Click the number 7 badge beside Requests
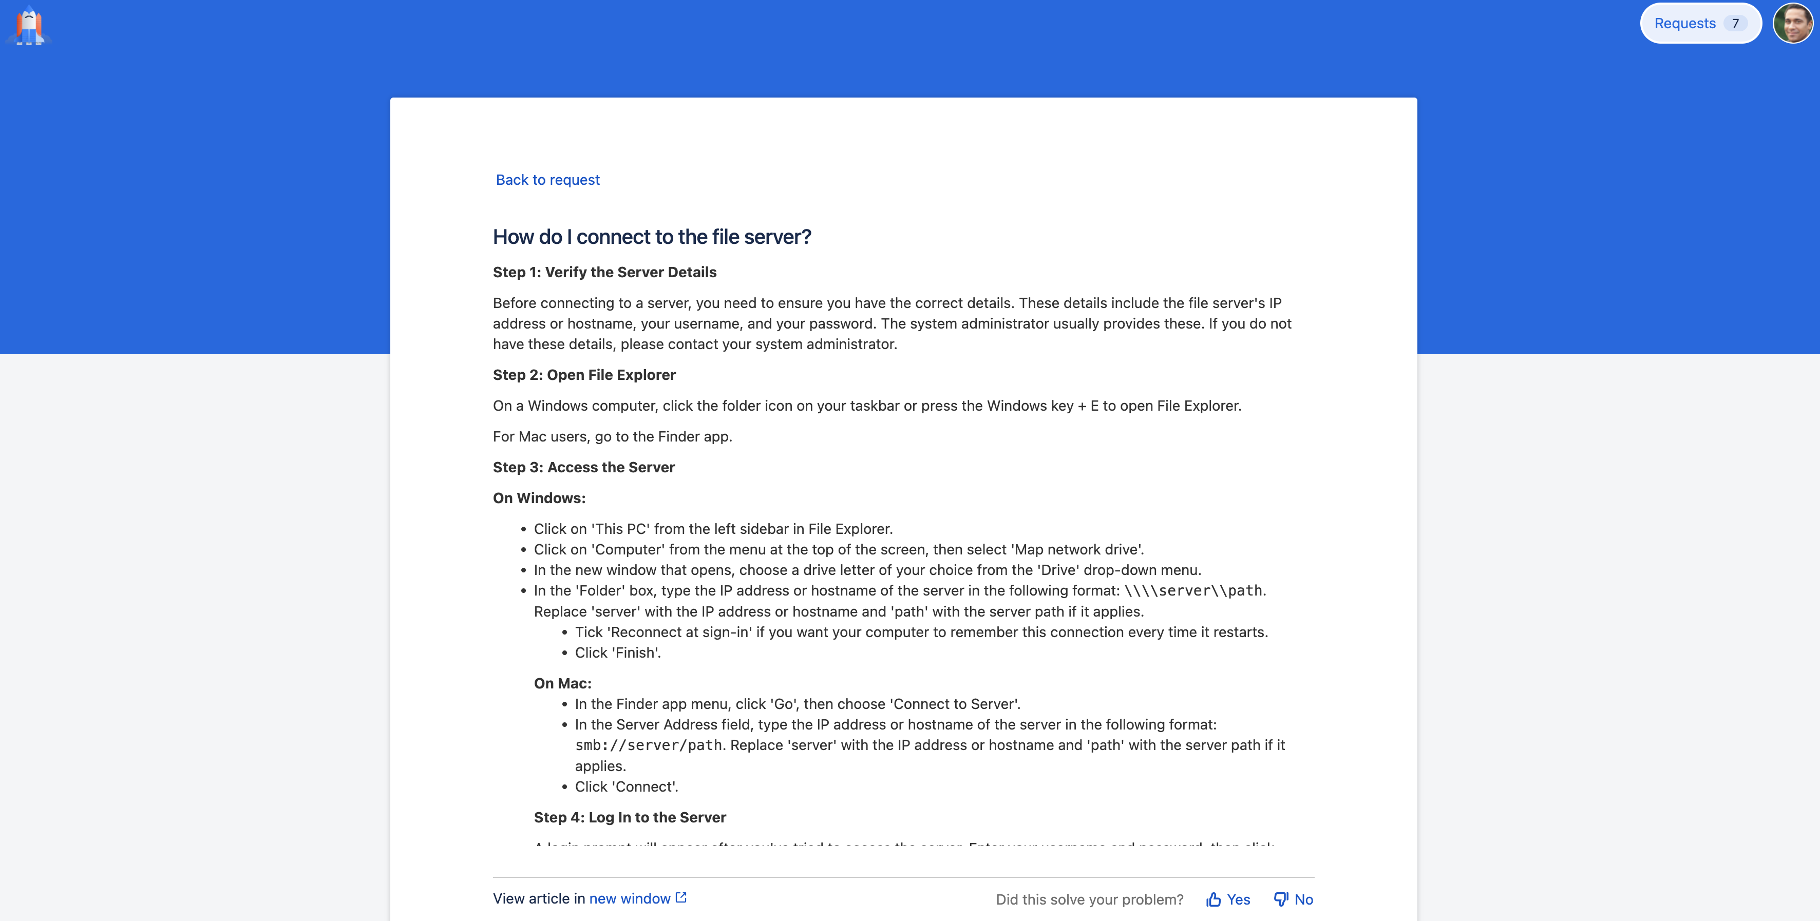(1735, 23)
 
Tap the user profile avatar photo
(1793, 23)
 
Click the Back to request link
(547, 180)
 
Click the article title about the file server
(651, 237)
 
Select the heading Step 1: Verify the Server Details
(604, 273)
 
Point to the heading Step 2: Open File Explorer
(583, 375)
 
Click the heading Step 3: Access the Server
(583, 468)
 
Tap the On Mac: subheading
(562, 684)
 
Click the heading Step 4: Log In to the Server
(630, 818)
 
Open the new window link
(630, 899)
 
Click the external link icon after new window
(681, 898)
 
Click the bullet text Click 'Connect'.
(626, 788)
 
